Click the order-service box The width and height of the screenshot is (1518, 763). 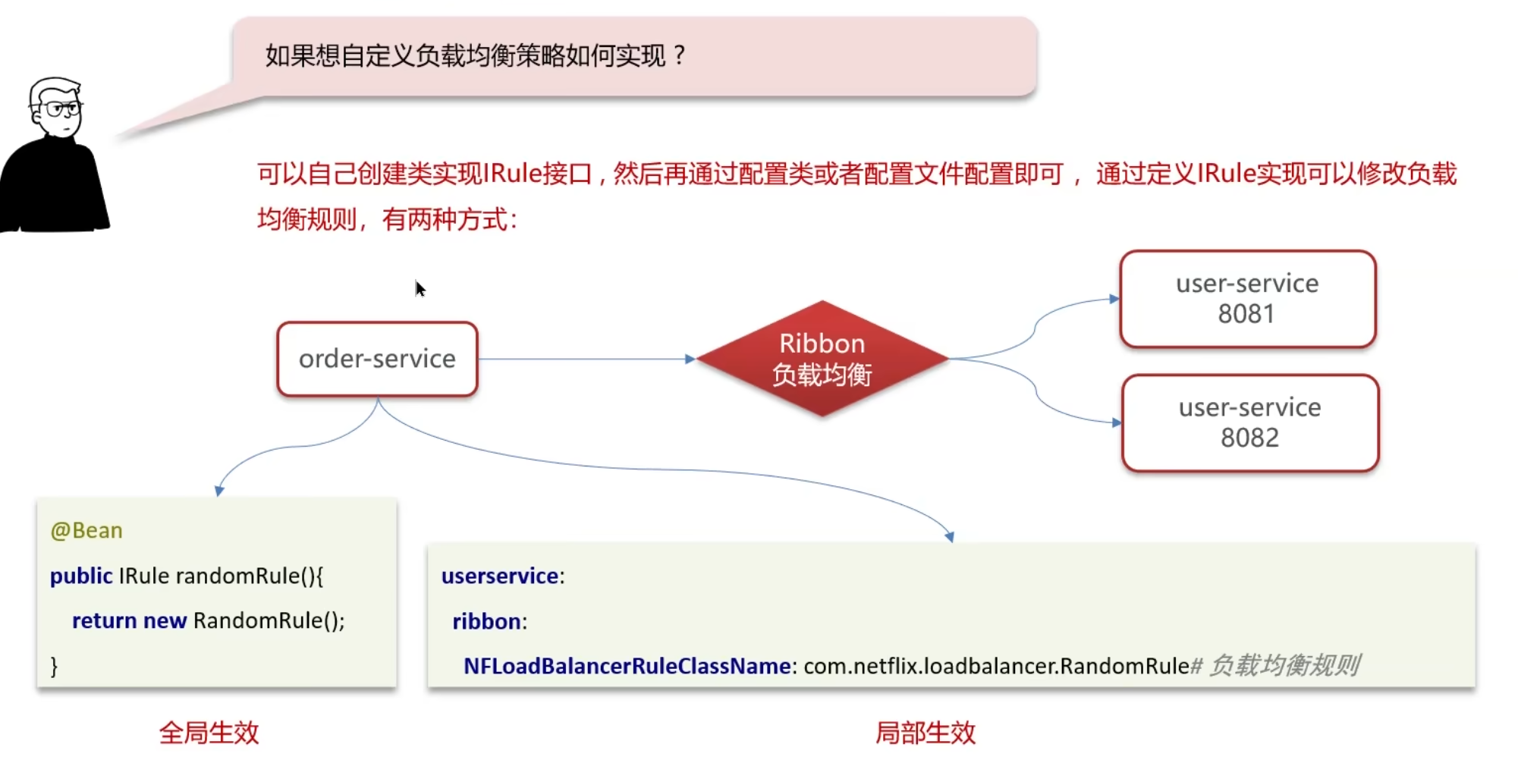click(377, 359)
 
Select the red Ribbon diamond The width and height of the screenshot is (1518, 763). click(822, 359)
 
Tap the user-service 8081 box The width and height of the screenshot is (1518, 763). click(1247, 299)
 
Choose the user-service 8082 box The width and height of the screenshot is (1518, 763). click(1249, 422)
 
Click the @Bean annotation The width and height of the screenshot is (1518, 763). click(86, 530)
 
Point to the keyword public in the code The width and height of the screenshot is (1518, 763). click(81, 576)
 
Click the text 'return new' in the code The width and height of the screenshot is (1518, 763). click(129, 620)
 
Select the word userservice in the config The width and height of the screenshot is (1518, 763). click(500, 576)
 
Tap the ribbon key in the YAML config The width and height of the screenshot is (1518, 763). click(486, 621)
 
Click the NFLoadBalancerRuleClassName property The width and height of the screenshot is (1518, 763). click(627, 666)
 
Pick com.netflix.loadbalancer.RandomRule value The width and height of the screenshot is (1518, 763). click(996, 666)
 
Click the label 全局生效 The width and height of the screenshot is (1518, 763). click(209, 733)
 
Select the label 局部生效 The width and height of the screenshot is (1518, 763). click(926, 733)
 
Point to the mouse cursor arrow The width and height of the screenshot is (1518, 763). click(420, 288)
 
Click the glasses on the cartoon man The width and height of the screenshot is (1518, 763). click(61, 109)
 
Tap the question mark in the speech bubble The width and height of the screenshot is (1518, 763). click(679, 55)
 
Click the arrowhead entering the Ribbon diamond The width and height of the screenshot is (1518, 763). click(690, 359)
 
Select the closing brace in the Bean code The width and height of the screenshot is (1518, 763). click(54, 666)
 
